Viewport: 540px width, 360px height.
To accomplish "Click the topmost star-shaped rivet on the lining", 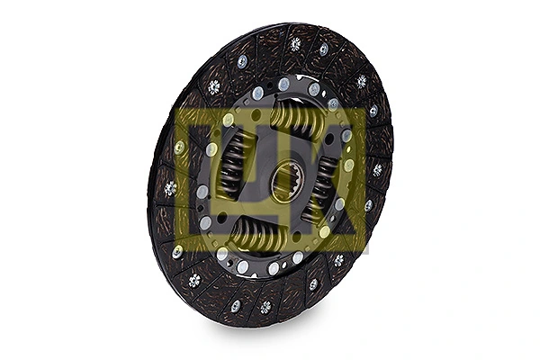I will pos(295,43).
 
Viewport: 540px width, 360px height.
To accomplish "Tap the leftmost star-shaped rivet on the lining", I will pos(170,188).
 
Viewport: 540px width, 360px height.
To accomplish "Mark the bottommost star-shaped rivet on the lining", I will pos(265,307).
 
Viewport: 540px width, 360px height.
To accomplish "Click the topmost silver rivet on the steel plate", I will pos(284,84).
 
